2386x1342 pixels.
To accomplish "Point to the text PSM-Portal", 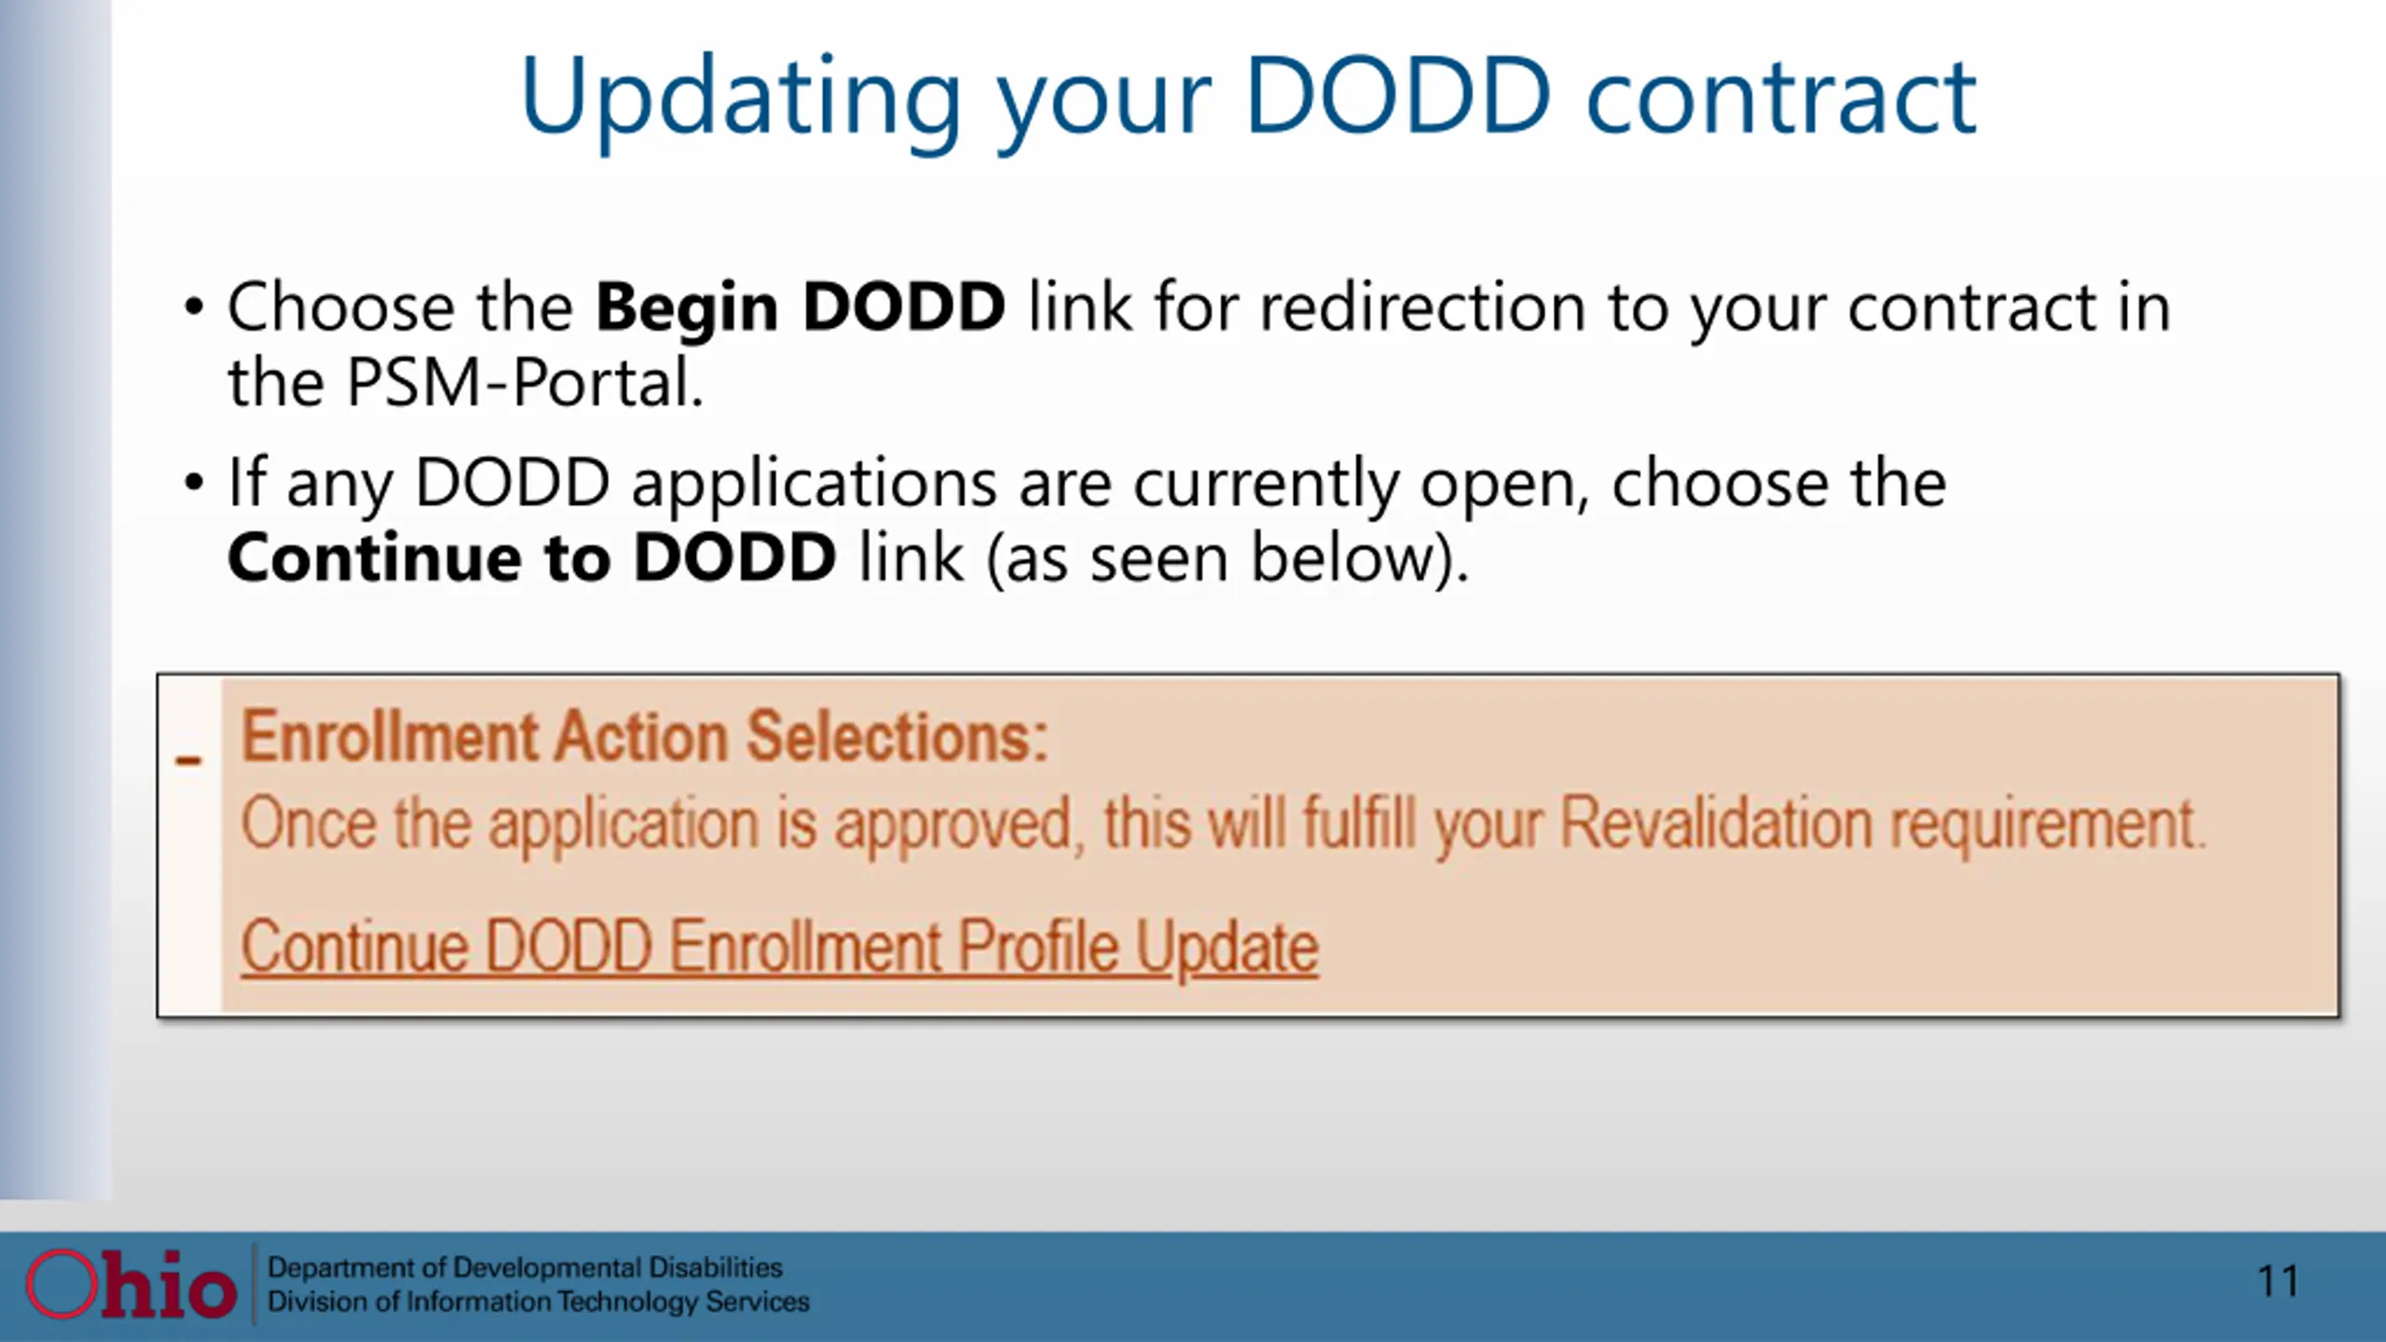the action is pos(525,382).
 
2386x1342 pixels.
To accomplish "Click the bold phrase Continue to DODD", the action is pos(532,557).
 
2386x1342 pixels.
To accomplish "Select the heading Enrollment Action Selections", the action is pos(645,736).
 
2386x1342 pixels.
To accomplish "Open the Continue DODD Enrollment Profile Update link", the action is pos(780,948).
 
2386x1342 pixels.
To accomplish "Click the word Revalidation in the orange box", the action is pos(1716,824).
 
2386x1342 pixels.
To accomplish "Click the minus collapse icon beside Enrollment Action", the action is pos(188,760).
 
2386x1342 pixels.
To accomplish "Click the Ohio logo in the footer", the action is pos(130,1284).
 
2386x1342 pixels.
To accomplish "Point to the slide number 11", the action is pos(2278,1281).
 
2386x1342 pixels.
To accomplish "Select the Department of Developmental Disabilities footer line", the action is pos(526,1267).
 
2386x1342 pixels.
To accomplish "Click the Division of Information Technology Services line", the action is pos(539,1302).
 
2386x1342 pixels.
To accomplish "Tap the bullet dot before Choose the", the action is pos(194,308).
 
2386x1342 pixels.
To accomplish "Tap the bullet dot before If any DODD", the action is pos(194,483).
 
